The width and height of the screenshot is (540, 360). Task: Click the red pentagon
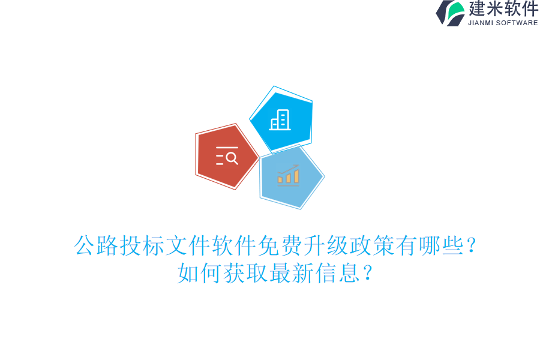(x=227, y=157)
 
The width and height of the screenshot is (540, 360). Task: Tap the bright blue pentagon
(x=281, y=120)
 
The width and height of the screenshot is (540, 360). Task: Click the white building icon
(x=280, y=120)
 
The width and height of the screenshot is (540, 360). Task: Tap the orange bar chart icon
(x=289, y=175)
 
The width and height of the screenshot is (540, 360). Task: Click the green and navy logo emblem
(x=451, y=13)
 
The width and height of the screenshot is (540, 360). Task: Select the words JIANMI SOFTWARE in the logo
(x=503, y=23)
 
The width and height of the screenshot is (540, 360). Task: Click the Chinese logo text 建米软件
(x=503, y=9)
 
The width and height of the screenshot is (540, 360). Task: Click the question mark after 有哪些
(x=472, y=246)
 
